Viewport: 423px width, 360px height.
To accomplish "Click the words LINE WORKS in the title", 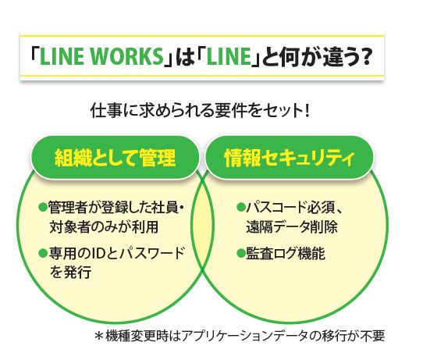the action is [x=101, y=56].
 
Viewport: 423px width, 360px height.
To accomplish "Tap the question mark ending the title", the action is [x=364, y=56].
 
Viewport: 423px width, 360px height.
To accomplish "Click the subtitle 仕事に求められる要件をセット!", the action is [x=200, y=111].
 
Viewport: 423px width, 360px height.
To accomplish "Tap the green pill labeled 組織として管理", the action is [x=116, y=157].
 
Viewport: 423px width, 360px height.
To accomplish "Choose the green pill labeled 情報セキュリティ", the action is [x=290, y=157].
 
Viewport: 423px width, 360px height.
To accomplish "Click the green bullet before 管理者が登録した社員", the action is [x=43, y=207].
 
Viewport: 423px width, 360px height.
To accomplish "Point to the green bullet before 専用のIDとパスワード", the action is [x=43, y=253].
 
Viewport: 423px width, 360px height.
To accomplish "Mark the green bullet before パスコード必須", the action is [x=240, y=207].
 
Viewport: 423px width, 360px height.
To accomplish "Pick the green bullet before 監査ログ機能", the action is [x=240, y=253].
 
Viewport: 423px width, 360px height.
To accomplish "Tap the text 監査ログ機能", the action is [x=286, y=253].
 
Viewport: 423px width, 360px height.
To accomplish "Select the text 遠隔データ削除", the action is [x=292, y=226].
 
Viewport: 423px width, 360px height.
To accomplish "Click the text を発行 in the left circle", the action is [x=71, y=272].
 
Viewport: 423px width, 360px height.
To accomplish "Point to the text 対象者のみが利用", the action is [x=104, y=226].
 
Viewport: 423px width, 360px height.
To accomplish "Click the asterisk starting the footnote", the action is [x=99, y=336].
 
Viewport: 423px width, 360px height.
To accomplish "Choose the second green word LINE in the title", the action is [x=229, y=56].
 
